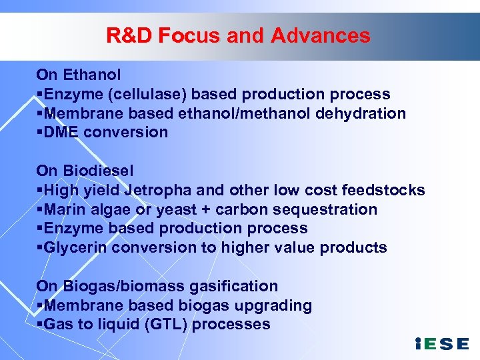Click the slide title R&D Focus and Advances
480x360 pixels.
tap(238, 35)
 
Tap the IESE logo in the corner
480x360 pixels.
tap(441, 344)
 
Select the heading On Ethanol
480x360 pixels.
tap(78, 74)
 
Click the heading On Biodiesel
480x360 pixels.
tap(85, 171)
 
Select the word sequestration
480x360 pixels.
tap(326, 209)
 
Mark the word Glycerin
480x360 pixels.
tap(75, 247)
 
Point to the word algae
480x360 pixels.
tap(110, 209)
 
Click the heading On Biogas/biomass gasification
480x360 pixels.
tap(157, 286)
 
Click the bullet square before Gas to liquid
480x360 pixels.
tap(40, 325)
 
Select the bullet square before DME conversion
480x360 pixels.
tap(40, 133)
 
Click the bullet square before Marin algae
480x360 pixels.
tap(40, 210)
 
